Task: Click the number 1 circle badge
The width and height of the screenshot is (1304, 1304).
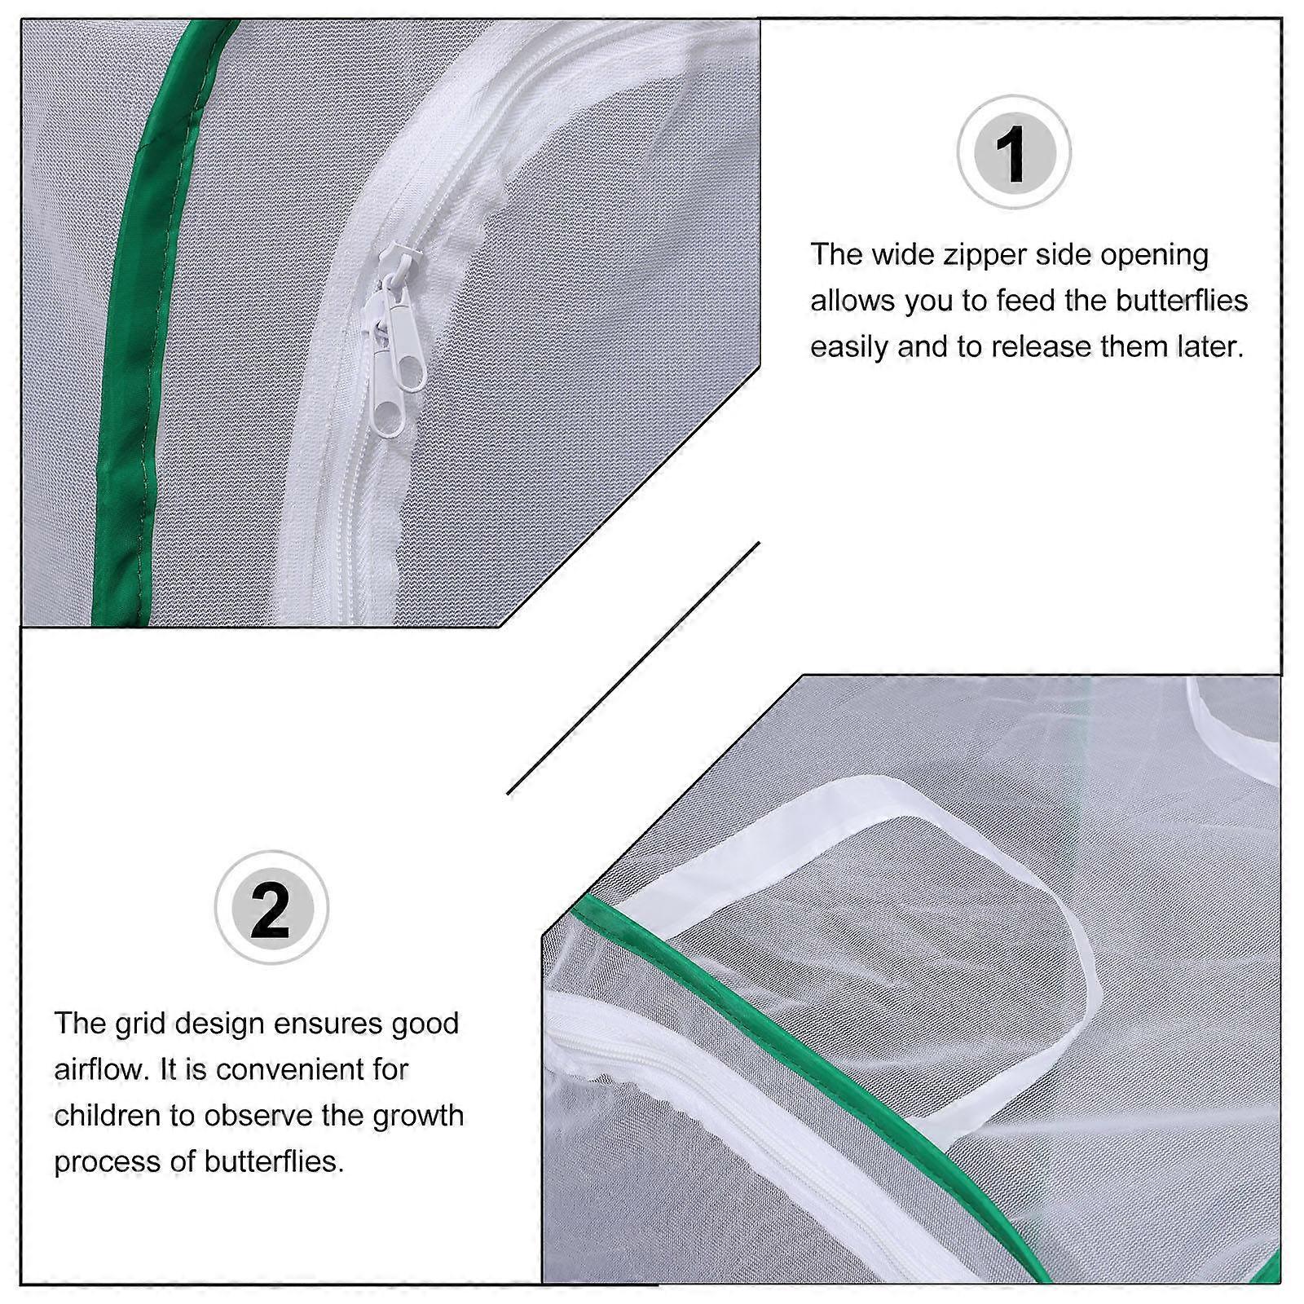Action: (x=1013, y=153)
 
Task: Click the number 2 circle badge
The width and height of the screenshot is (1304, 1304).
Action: (x=271, y=908)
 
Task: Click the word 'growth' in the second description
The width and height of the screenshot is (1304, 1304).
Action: (x=418, y=1117)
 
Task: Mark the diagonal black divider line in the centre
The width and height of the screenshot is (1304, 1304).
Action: (x=633, y=668)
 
